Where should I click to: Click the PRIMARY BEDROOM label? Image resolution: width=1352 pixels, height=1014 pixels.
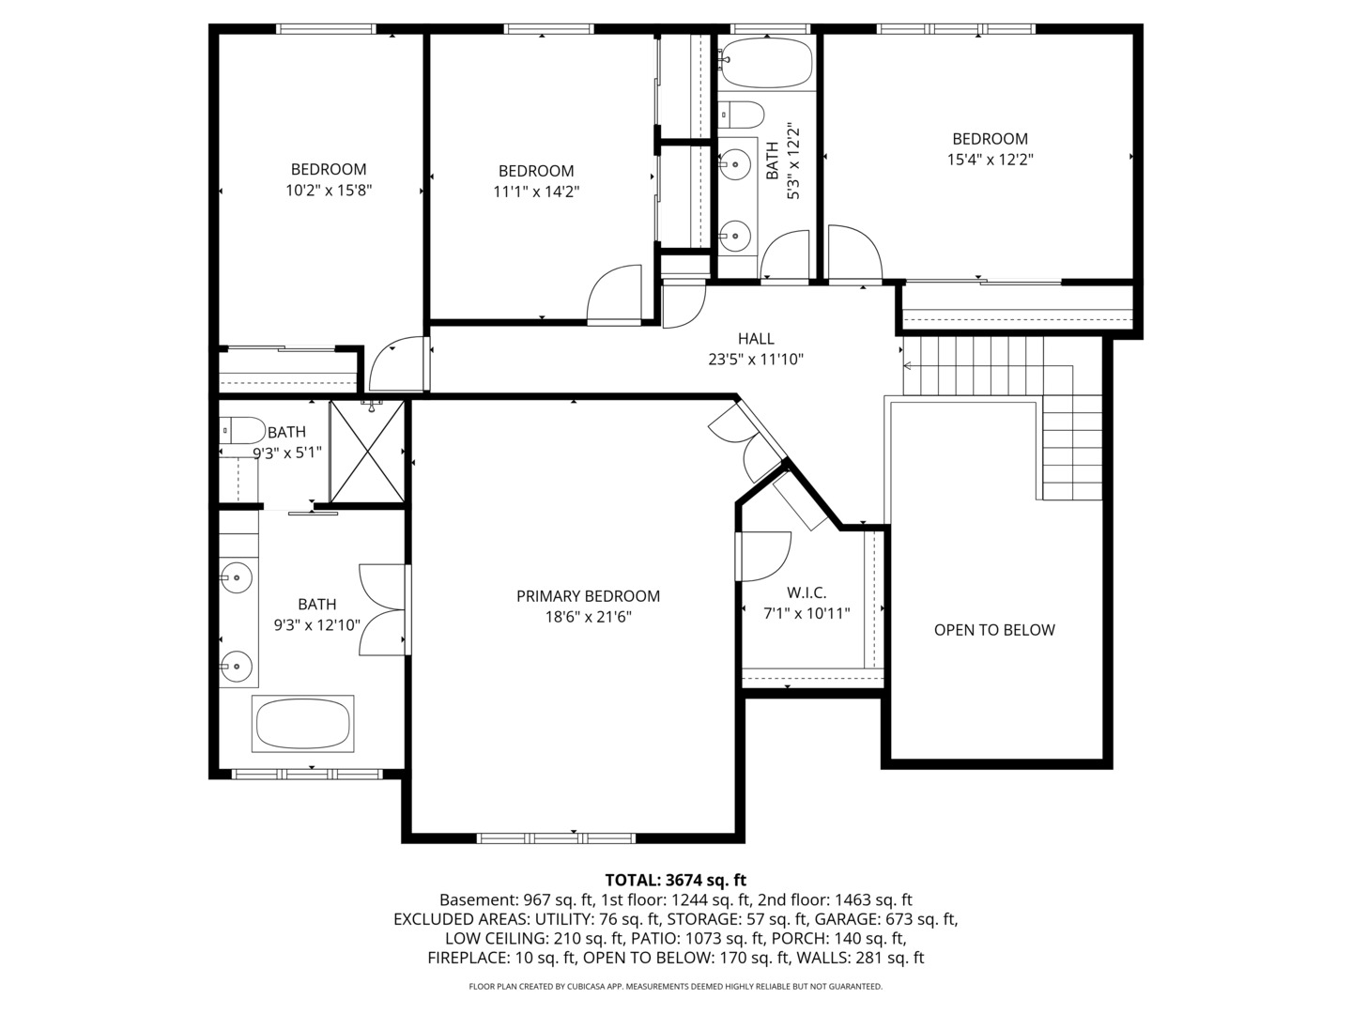pos(588,596)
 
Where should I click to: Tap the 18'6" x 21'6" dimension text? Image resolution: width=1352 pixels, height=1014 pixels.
pos(588,617)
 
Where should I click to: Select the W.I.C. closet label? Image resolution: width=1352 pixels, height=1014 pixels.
pos(807,592)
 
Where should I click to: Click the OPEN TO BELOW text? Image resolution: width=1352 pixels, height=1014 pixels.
pos(994,630)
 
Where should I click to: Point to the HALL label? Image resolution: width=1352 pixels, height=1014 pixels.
pos(756,339)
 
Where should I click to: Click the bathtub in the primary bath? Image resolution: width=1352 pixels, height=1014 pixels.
pos(302,724)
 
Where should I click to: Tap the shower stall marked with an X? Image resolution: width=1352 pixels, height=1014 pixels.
pos(366,451)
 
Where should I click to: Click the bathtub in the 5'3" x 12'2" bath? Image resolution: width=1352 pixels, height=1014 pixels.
pos(767,62)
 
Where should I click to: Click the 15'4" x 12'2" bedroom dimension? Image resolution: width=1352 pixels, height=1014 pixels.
pos(990,160)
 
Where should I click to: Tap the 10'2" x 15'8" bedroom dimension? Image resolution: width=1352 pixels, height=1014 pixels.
pos(329,191)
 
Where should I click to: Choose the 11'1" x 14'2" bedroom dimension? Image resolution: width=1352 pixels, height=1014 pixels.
pos(536,192)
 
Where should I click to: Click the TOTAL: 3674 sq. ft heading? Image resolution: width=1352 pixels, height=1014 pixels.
pos(675,880)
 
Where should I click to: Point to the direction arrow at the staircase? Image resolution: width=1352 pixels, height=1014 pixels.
pos(908,365)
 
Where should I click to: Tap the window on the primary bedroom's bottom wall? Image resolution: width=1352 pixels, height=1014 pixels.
pos(556,837)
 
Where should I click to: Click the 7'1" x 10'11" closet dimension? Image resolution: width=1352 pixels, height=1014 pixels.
pos(807,614)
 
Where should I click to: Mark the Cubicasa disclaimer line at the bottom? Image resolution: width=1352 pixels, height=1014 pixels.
pos(675,987)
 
